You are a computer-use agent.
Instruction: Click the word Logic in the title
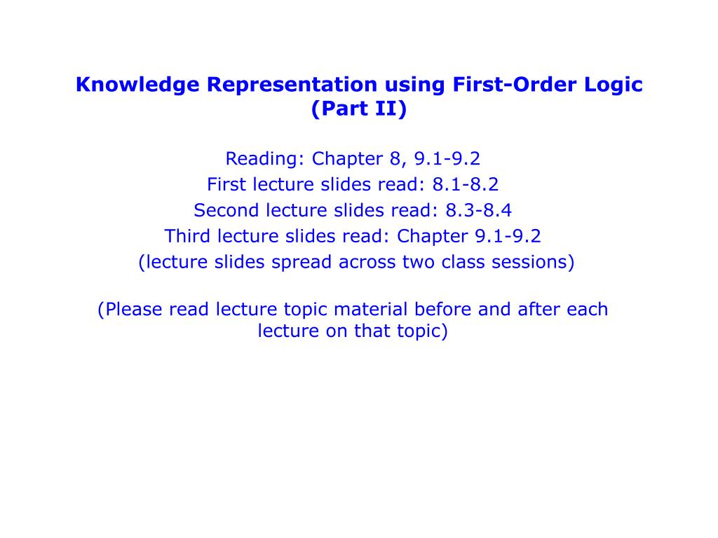click(x=613, y=85)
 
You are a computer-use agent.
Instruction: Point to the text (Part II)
click(x=358, y=110)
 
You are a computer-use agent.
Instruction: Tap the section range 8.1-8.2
click(x=466, y=185)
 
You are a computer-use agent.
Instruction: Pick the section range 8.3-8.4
click(x=479, y=211)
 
